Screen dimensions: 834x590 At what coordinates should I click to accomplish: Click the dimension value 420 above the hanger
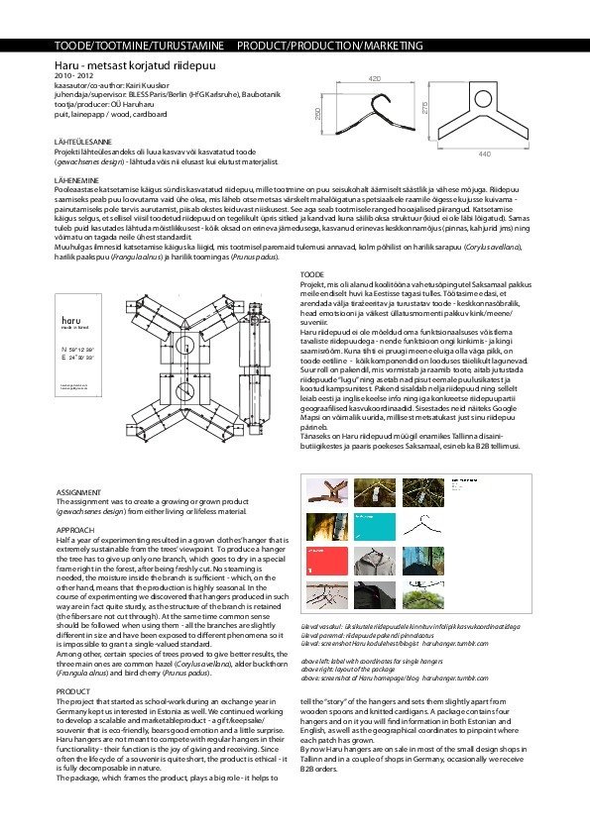tap(374, 77)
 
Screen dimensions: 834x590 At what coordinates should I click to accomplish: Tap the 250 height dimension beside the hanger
tap(318, 116)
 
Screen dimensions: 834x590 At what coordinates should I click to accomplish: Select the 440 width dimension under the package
tap(484, 155)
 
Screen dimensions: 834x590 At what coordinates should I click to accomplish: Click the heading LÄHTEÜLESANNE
tap(84, 143)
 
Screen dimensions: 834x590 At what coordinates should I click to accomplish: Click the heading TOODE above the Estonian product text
tap(311, 272)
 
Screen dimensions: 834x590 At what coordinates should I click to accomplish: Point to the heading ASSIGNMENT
tap(78, 491)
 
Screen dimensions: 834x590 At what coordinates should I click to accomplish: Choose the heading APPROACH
tap(75, 530)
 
